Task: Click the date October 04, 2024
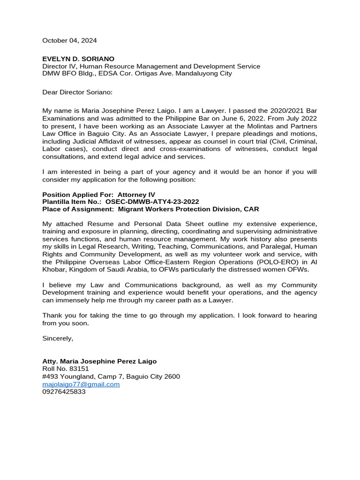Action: pyautogui.click(x=69, y=41)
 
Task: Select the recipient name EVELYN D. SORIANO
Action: pyautogui.click(x=78, y=59)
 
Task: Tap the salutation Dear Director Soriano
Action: pyautogui.click(x=77, y=92)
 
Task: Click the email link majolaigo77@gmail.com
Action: pyautogui.click(x=81, y=384)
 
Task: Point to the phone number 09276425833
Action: pyautogui.click(x=64, y=392)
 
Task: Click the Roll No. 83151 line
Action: pyautogui.click(x=66, y=369)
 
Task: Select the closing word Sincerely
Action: pyautogui.click(x=58, y=338)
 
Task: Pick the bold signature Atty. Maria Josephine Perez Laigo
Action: pyautogui.click(x=99, y=361)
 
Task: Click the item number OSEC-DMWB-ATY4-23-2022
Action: pyautogui.click(x=152, y=202)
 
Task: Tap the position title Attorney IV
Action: pyautogui.click(x=136, y=195)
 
